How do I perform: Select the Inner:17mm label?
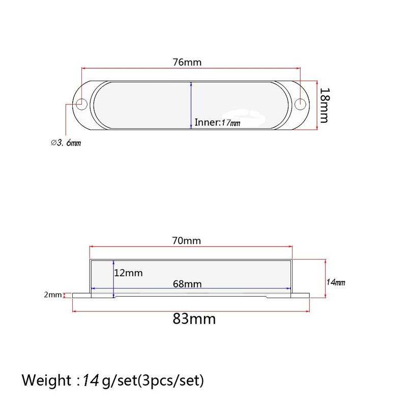(x=218, y=123)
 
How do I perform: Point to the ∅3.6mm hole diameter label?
(x=66, y=143)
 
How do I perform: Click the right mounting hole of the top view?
(x=301, y=104)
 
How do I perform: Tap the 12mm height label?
(x=129, y=273)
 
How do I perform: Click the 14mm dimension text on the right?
(x=336, y=281)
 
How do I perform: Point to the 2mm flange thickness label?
(x=52, y=295)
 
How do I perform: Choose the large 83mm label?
(x=194, y=319)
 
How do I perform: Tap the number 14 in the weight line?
(x=92, y=380)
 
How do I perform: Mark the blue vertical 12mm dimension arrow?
(x=112, y=277)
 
